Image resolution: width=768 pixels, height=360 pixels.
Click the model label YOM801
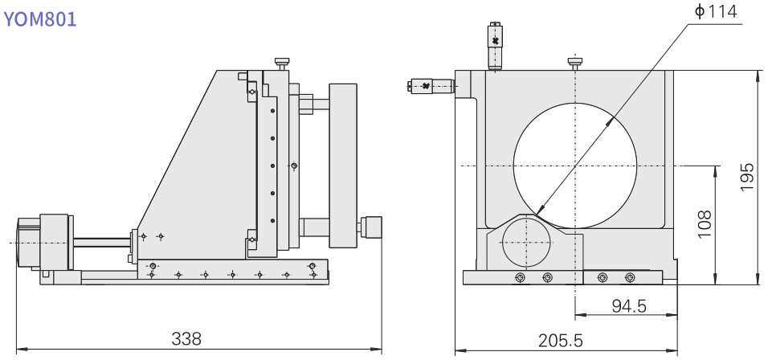click(x=40, y=19)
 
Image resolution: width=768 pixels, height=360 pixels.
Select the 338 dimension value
click(x=186, y=338)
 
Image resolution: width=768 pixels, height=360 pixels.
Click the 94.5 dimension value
click(x=629, y=306)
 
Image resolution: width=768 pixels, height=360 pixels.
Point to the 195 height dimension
click(x=746, y=176)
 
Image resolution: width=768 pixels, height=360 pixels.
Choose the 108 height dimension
click(x=704, y=224)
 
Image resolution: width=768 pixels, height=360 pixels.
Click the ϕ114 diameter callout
click(x=716, y=12)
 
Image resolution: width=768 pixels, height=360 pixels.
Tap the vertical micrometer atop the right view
click(x=495, y=46)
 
